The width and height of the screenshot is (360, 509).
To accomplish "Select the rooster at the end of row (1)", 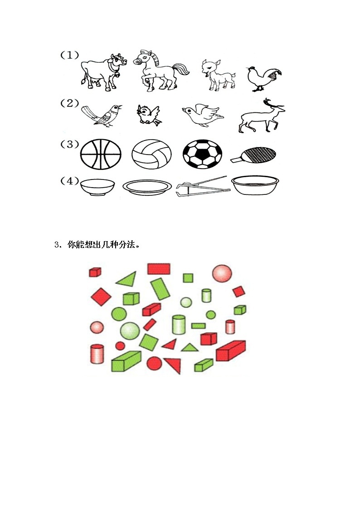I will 262,78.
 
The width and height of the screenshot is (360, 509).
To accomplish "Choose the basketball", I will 101,154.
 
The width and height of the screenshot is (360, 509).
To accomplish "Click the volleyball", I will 152,155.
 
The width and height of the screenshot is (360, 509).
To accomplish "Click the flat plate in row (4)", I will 148,186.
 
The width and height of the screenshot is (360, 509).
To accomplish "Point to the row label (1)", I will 69,55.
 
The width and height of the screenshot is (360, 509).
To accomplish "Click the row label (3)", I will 69,145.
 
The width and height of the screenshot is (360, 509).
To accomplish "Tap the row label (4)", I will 69,181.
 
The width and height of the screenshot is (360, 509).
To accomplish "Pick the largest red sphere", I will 222,274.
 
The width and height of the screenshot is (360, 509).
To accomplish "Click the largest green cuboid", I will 126,361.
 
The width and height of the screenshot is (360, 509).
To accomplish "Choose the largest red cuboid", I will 230,351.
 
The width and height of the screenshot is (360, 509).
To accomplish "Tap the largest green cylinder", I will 179,325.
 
